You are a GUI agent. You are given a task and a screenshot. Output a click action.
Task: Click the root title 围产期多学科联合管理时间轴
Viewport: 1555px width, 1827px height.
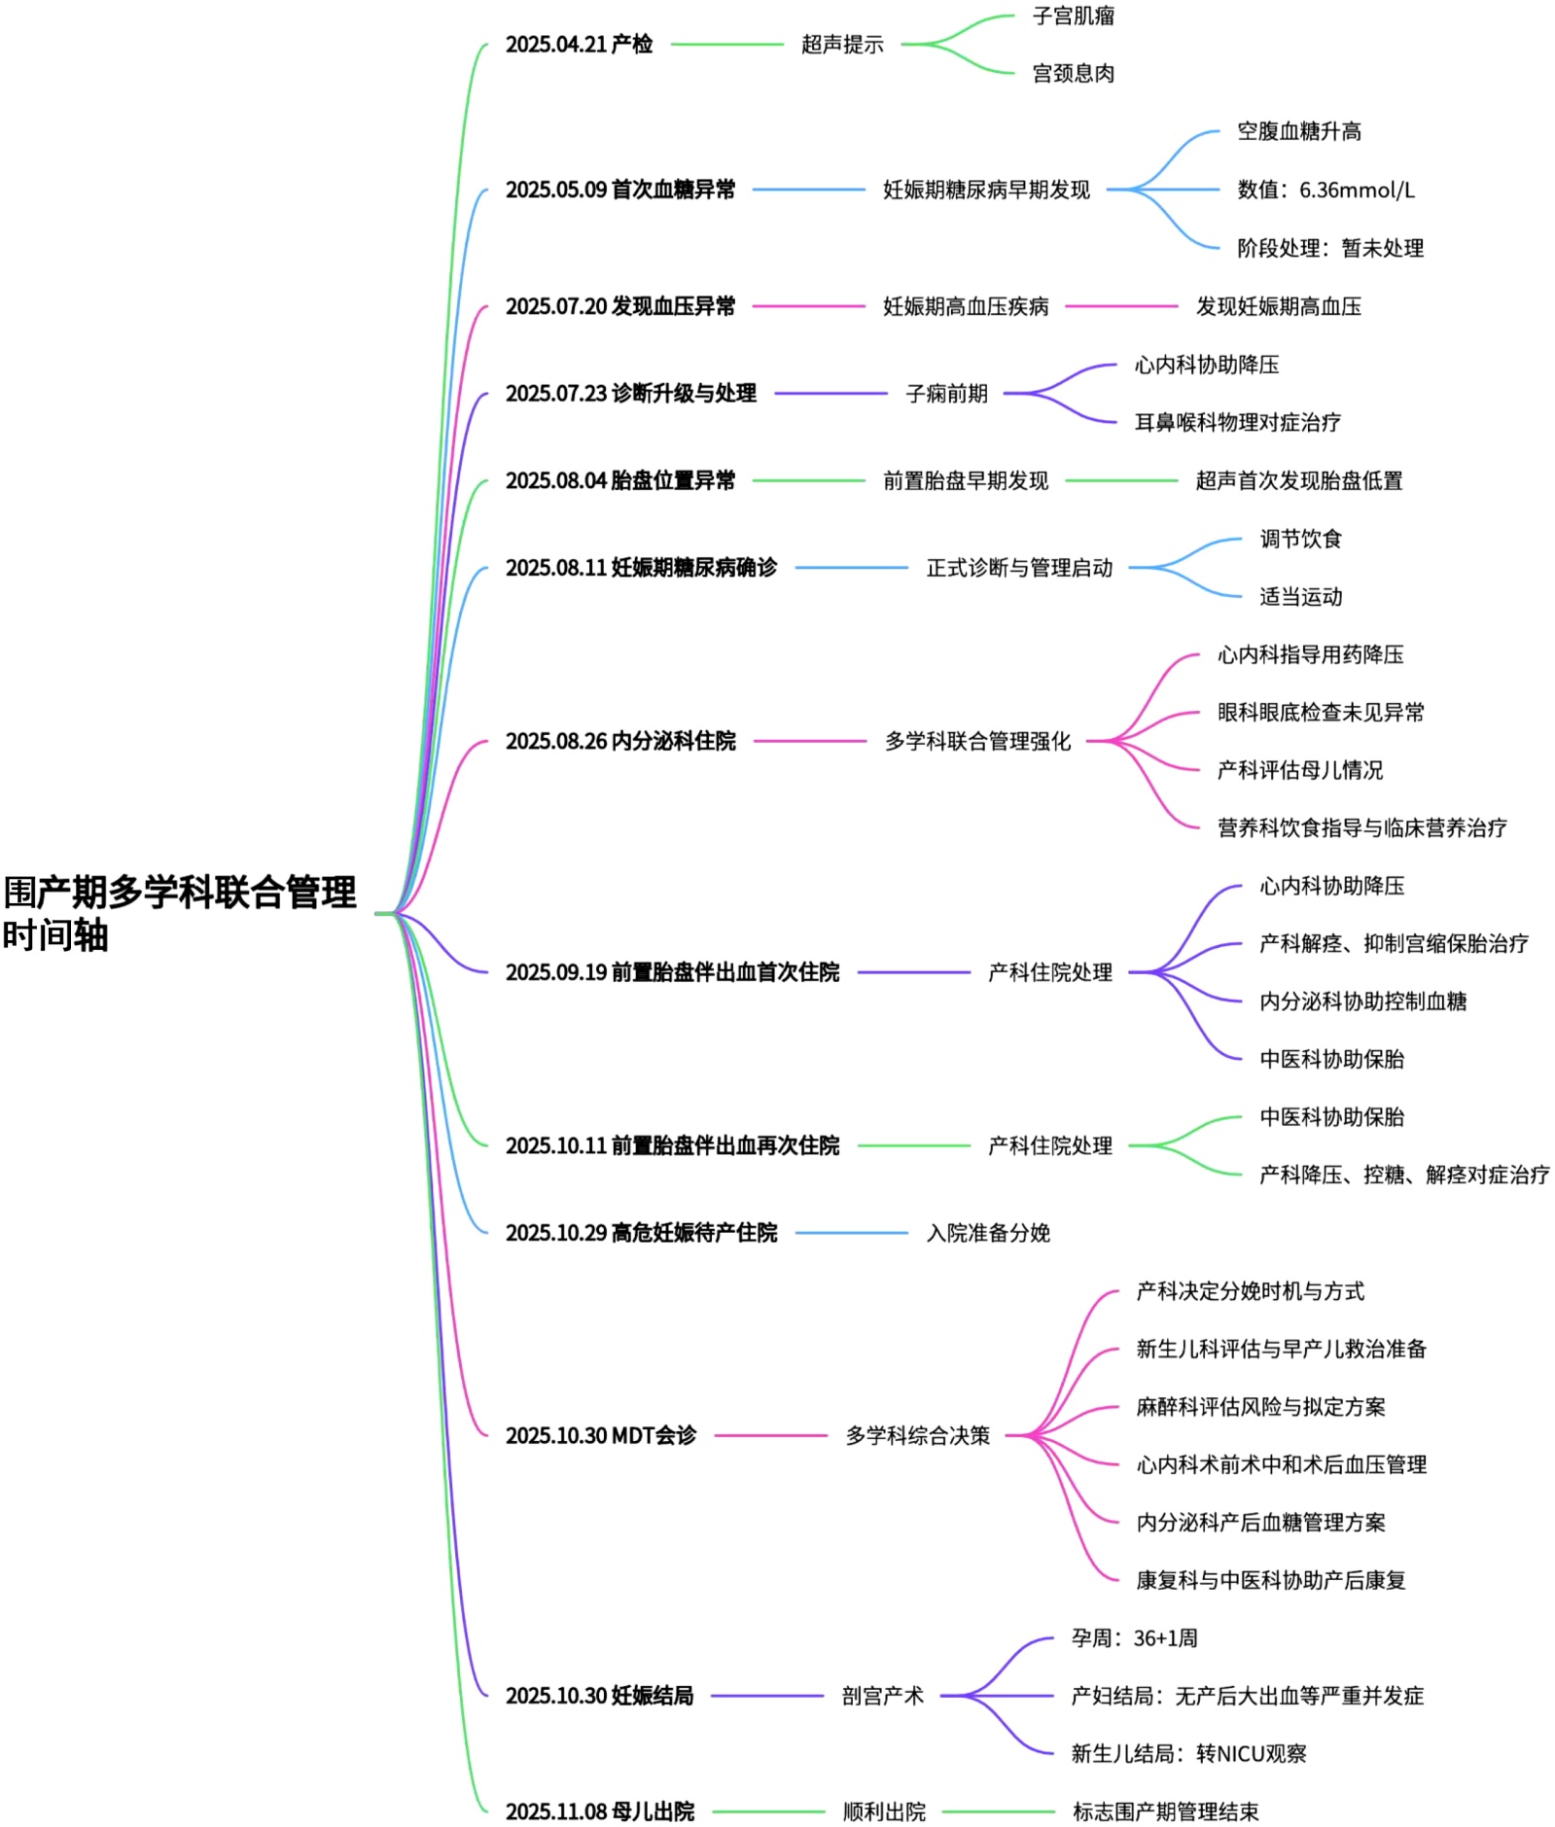coord(180,913)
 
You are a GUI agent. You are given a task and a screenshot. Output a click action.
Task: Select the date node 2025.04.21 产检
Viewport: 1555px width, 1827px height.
coord(579,45)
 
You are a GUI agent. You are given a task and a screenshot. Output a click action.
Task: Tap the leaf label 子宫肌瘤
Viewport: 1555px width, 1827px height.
coord(1073,17)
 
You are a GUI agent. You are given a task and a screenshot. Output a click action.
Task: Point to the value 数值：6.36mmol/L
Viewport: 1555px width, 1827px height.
coord(1325,191)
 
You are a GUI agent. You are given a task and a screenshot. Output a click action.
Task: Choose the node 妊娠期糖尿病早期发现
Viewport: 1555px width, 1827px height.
coord(986,191)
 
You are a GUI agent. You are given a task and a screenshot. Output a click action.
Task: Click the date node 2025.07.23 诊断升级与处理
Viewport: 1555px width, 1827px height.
coord(630,394)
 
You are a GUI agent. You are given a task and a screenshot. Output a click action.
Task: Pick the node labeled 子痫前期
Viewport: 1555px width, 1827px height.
coord(946,394)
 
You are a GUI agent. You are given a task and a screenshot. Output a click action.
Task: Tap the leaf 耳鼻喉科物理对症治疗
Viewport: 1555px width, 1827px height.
coord(1237,423)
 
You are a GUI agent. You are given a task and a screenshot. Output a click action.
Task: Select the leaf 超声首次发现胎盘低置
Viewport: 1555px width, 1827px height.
coord(1298,481)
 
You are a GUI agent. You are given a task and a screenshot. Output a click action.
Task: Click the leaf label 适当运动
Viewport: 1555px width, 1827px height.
coord(1300,597)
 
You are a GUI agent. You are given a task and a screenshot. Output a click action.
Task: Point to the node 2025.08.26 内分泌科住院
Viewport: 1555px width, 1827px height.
coord(620,742)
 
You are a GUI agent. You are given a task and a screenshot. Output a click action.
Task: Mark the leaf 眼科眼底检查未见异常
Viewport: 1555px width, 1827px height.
coord(1321,713)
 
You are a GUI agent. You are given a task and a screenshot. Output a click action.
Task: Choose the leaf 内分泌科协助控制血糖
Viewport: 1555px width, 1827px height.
coord(1362,1001)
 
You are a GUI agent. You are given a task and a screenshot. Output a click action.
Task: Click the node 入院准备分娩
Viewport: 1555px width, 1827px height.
coord(988,1234)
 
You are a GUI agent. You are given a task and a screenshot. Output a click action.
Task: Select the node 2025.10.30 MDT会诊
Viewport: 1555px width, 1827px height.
coord(601,1436)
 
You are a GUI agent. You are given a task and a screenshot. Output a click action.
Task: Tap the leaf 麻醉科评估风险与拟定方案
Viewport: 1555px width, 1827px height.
coord(1260,1407)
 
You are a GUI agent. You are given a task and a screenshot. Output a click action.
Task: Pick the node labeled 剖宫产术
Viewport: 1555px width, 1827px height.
coord(882,1697)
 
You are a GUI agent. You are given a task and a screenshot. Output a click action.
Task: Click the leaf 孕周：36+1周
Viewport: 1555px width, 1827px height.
coord(1134,1638)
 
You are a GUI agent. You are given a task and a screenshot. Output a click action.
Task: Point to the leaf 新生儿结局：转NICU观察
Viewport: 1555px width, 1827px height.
coord(1188,1754)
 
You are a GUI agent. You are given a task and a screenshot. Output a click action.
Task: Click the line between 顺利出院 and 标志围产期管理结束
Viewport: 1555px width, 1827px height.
coord(998,1812)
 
